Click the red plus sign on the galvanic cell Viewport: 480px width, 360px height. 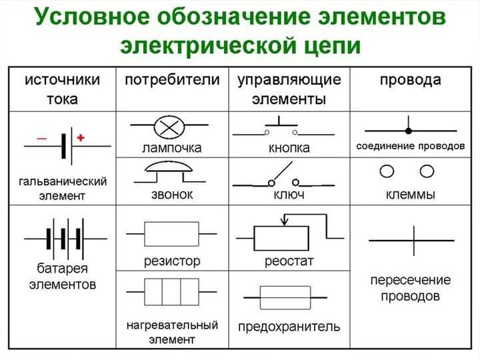81,138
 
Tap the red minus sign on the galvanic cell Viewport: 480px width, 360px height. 42,138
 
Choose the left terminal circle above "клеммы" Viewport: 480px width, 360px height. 385,172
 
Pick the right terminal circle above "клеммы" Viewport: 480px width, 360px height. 427,172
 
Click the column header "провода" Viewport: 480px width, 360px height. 410,81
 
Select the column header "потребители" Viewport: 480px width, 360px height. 172,81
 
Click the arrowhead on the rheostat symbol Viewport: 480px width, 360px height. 285,221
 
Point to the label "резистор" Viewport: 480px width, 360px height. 172,260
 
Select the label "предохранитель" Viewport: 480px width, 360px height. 289,327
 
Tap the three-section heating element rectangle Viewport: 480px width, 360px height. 172,291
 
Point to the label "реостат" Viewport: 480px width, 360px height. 289,260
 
